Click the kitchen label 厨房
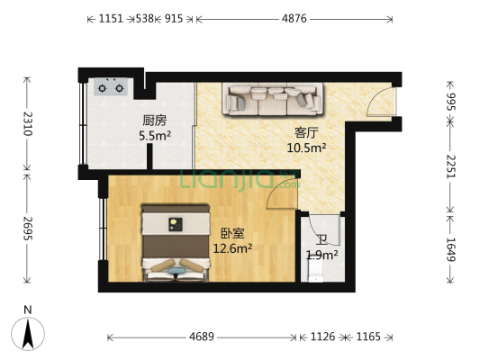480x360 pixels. click(x=154, y=121)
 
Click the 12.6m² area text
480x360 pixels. click(x=232, y=248)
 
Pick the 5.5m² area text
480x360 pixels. click(x=155, y=137)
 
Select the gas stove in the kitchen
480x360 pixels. click(x=110, y=87)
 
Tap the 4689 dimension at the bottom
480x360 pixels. click(x=202, y=337)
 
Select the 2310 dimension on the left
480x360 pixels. click(x=27, y=123)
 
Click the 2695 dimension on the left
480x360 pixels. click(x=27, y=227)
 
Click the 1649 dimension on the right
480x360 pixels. click(x=451, y=249)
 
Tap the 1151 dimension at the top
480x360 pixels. click(x=112, y=18)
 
